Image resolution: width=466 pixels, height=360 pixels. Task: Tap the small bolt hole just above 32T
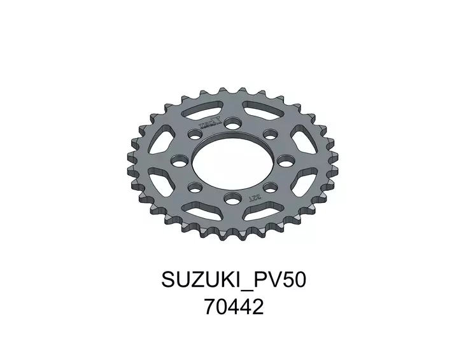coord(269,187)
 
